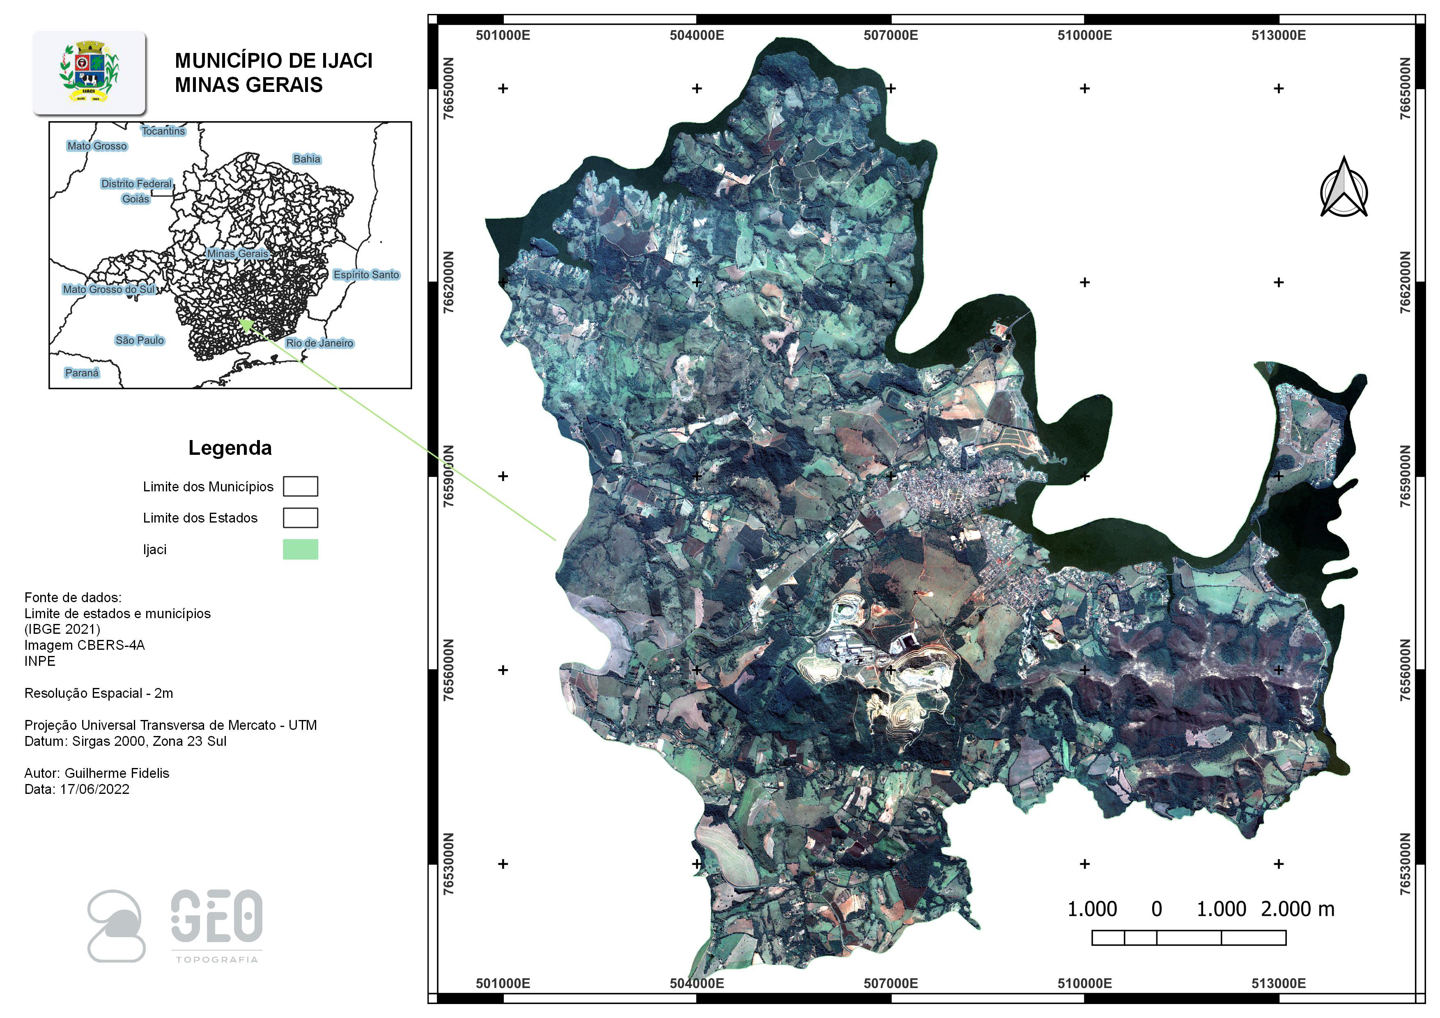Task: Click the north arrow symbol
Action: click(x=1344, y=188)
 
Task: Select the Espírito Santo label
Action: click(x=366, y=275)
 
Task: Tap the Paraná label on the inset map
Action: click(x=82, y=373)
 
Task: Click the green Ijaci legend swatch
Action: click(x=301, y=549)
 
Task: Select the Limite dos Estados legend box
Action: click(x=301, y=518)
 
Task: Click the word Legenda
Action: click(x=230, y=448)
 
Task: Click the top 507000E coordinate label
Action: click(x=891, y=36)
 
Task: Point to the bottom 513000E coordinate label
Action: click(x=1278, y=983)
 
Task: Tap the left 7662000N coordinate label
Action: click(x=449, y=282)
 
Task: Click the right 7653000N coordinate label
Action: click(x=1405, y=864)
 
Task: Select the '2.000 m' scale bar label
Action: click(x=1297, y=909)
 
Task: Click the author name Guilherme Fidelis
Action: click(x=117, y=773)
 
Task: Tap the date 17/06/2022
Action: click(x=95, y=790)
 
